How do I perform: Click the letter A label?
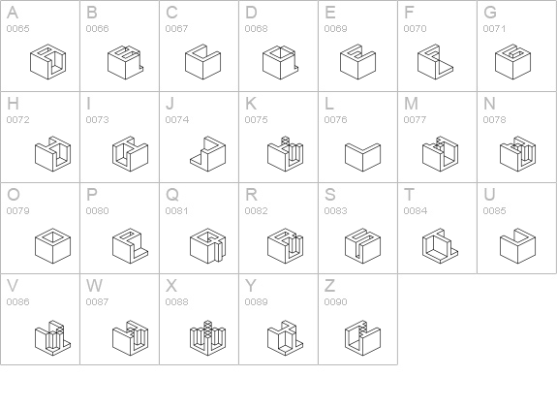click(13, 13)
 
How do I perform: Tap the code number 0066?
click(97, 28)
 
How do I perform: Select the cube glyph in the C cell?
click(202, 62)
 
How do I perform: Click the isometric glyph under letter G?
click(512, 62)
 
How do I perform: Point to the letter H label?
click(13, 104)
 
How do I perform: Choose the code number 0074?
click(177, 120)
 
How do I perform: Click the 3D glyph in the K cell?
click(285, 153)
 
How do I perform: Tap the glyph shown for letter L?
click(362, 157)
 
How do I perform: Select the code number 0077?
click(416, 120)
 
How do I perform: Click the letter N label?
click(489, 104)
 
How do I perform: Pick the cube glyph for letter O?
click(53, 246)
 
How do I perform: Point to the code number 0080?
click(97, 210)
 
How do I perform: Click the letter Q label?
click(172, 195)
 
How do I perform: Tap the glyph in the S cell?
click(362, 246)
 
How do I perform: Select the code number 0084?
click(416, 210)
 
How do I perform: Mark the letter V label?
click(13, 286)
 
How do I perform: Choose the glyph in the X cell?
click(208, 337)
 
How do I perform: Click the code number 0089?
click(256, 301)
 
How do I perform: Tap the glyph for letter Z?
click(362, 337)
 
